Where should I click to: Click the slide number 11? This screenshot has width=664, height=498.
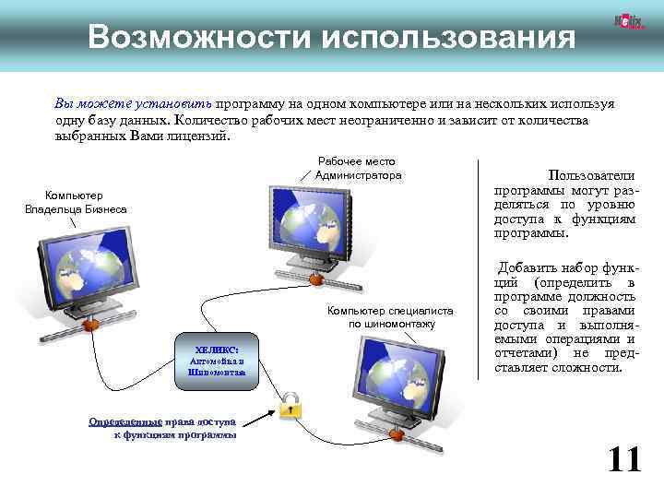pos(623,457)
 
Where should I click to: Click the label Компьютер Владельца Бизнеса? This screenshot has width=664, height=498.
pos(76,202)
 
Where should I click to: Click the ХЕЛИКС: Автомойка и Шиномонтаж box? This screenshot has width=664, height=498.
pos(216,362)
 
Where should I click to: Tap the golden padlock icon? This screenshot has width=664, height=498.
pos(290,404)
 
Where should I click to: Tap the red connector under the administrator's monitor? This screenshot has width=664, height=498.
pos(315,278)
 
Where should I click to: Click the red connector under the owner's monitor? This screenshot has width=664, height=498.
pos(89,326)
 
